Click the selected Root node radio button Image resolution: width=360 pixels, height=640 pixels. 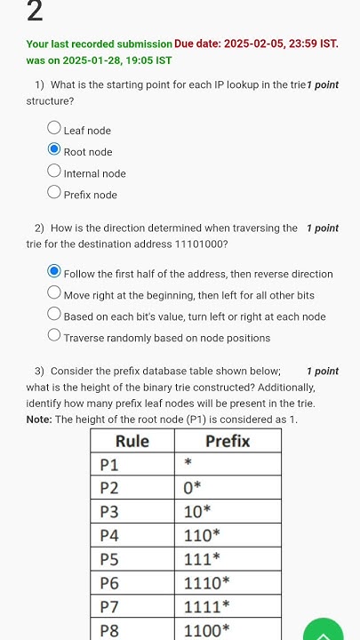[54, 151]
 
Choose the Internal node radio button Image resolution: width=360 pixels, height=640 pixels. [54, 172]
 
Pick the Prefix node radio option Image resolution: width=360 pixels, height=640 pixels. [54, 194]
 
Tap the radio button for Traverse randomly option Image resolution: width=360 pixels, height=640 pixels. [54, 337]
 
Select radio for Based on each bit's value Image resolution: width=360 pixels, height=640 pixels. [54, 316]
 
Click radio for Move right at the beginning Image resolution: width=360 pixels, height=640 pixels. [54, 294]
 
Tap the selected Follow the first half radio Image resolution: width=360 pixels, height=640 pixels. [54, 273]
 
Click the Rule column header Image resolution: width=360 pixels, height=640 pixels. [132, 441]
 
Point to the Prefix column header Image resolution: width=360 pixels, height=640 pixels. [228, 441]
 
